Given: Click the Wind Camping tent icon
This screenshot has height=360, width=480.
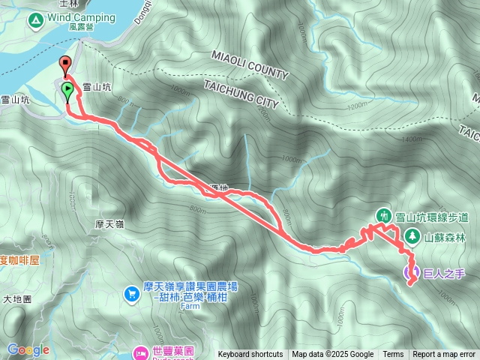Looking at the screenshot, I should [x=34, y=21].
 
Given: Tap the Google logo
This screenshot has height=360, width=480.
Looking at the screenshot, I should [x=28, y=350].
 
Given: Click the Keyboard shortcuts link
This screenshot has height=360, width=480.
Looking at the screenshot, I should [x=250, y=355].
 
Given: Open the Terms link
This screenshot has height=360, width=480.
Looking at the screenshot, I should [x=393, y=355].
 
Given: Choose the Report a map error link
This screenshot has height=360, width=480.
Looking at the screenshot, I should [x=445, y=355].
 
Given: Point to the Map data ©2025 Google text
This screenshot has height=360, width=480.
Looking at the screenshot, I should [x=333, y=355].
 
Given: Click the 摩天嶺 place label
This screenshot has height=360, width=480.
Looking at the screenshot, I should [x=110, y=224].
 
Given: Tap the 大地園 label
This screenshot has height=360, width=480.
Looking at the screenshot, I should [x=17, y=298].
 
